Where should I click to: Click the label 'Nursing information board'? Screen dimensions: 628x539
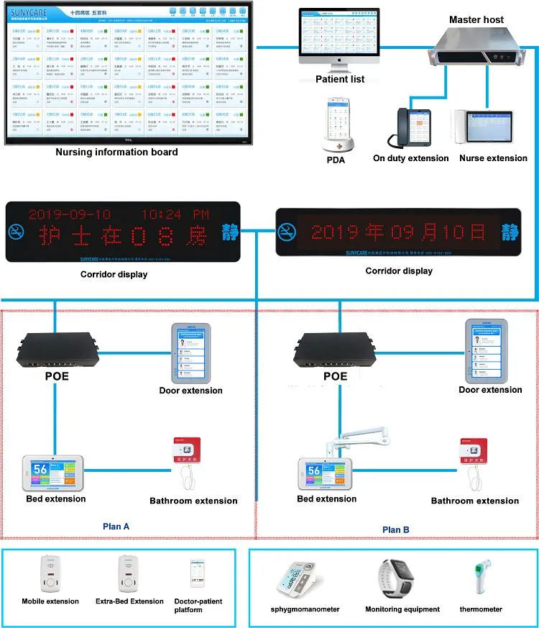116,152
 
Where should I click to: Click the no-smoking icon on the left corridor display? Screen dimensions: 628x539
17,232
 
